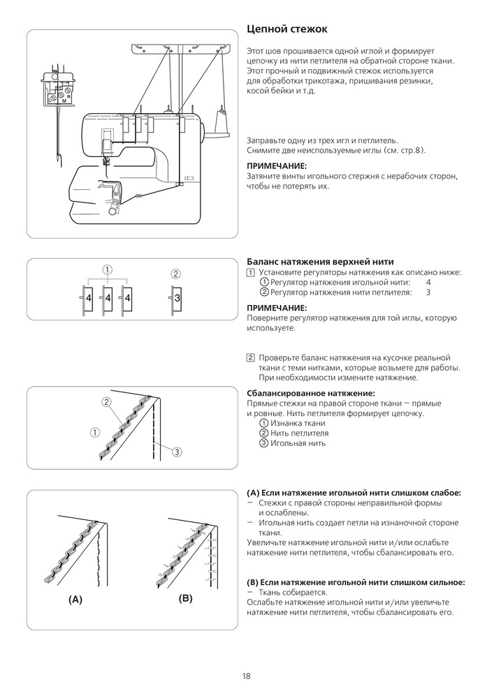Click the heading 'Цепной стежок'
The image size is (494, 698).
[x=286, y=29]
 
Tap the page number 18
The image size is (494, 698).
[x=247, y=676]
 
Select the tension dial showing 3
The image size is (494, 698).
[x=177, y=298]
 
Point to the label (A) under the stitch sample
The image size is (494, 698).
[x=75, y=600]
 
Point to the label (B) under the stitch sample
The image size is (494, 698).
[x=185, y=598]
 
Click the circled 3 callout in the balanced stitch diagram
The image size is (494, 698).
[x=177, y=452]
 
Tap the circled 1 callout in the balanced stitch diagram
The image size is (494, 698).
[x=94, y=431]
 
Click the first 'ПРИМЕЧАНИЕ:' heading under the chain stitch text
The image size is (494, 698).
[x=277, y=166]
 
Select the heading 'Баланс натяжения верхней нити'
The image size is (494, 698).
[x=321, y=262]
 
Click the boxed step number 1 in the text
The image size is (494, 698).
[x=251, y=272]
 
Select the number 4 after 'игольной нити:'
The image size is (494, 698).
[x=428, y=282]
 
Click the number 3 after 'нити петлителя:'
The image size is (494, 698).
[x=428, y=292]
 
